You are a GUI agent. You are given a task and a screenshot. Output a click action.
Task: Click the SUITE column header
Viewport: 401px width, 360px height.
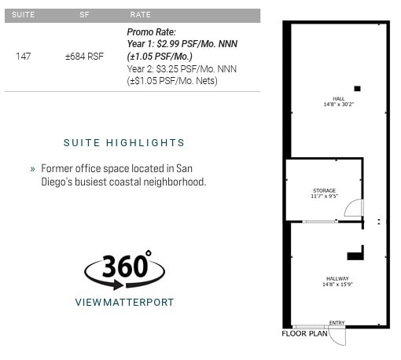[24, 15]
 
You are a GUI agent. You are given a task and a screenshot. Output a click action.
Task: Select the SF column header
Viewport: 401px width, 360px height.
[84, 15]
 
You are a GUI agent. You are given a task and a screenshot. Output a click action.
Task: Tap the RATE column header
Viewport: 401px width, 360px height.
[140, 15]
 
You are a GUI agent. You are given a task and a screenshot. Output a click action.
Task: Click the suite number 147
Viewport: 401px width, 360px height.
[24, 57]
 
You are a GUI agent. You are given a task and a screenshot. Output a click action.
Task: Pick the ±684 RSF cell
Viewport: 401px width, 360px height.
[84, 57]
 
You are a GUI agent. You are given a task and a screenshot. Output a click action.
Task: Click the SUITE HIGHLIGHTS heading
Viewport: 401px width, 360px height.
[124, 143]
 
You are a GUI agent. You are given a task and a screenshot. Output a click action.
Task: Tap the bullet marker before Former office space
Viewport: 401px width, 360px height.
[32, 169]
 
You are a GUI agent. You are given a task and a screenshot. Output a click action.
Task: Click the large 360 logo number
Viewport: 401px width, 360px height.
[126, 267]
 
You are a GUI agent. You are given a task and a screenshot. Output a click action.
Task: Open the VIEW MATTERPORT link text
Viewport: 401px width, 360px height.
[124, 302]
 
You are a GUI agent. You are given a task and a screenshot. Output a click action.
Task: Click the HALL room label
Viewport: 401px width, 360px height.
[338, 99]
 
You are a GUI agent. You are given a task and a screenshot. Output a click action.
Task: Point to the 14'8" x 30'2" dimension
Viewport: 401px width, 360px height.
[338, 105]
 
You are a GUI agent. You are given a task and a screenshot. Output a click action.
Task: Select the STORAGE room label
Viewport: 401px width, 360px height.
[324, 190]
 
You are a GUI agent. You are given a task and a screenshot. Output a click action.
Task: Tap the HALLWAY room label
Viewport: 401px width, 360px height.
[337, 279]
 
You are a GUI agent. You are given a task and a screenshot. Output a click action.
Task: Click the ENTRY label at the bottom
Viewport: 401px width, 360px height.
[337, 323]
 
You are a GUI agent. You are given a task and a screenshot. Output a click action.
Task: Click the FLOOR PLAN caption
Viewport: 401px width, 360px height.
[304, 333]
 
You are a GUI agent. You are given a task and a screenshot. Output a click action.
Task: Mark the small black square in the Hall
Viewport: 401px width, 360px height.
[357, 89]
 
